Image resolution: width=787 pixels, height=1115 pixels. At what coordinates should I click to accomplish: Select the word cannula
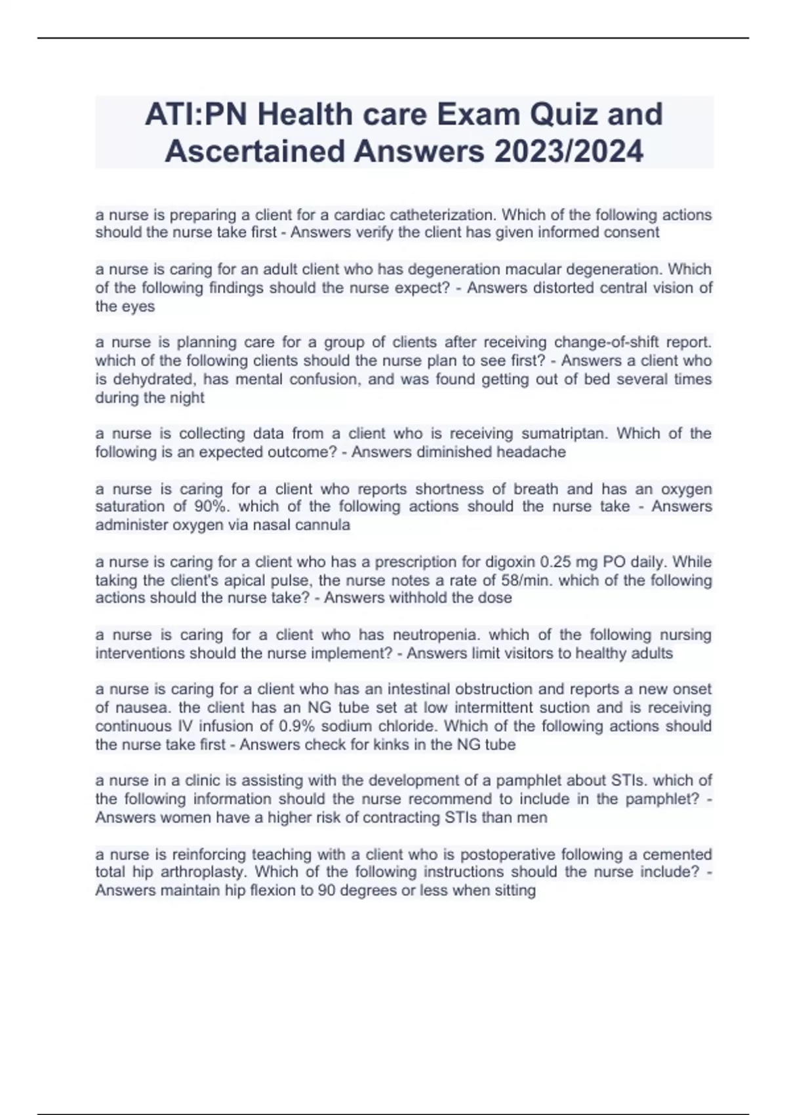pyautogui.click(x=325, y=525)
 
